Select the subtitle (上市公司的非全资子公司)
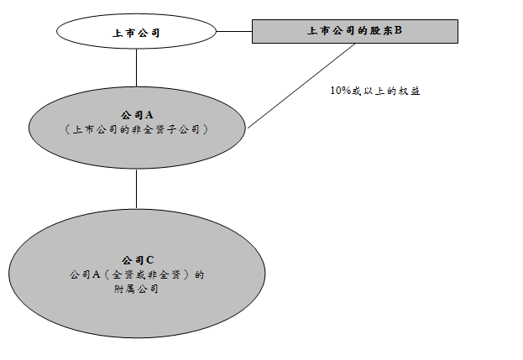tap(136, 130)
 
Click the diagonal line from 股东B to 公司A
tap(302, 84)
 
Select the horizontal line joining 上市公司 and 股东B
tap(234, 33)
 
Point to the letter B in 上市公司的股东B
tap(399, 31)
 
